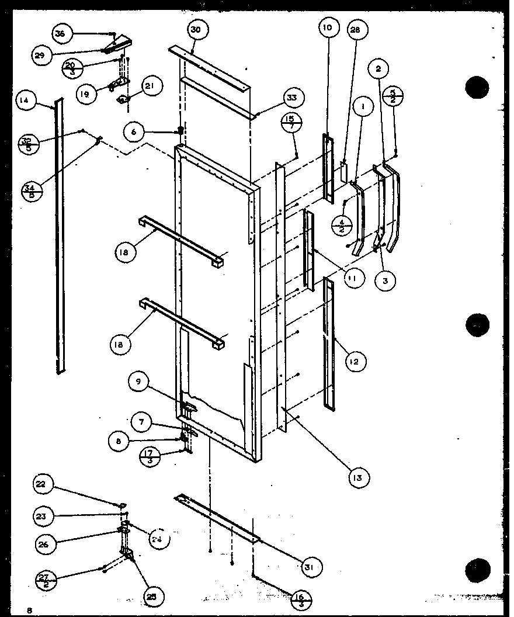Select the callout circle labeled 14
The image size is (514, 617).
(24, 100)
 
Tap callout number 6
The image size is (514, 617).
(134, 133)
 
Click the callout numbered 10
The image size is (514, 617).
(327, 28)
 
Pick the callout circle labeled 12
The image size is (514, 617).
(356, 363)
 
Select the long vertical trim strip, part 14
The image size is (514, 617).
(59, 234)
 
